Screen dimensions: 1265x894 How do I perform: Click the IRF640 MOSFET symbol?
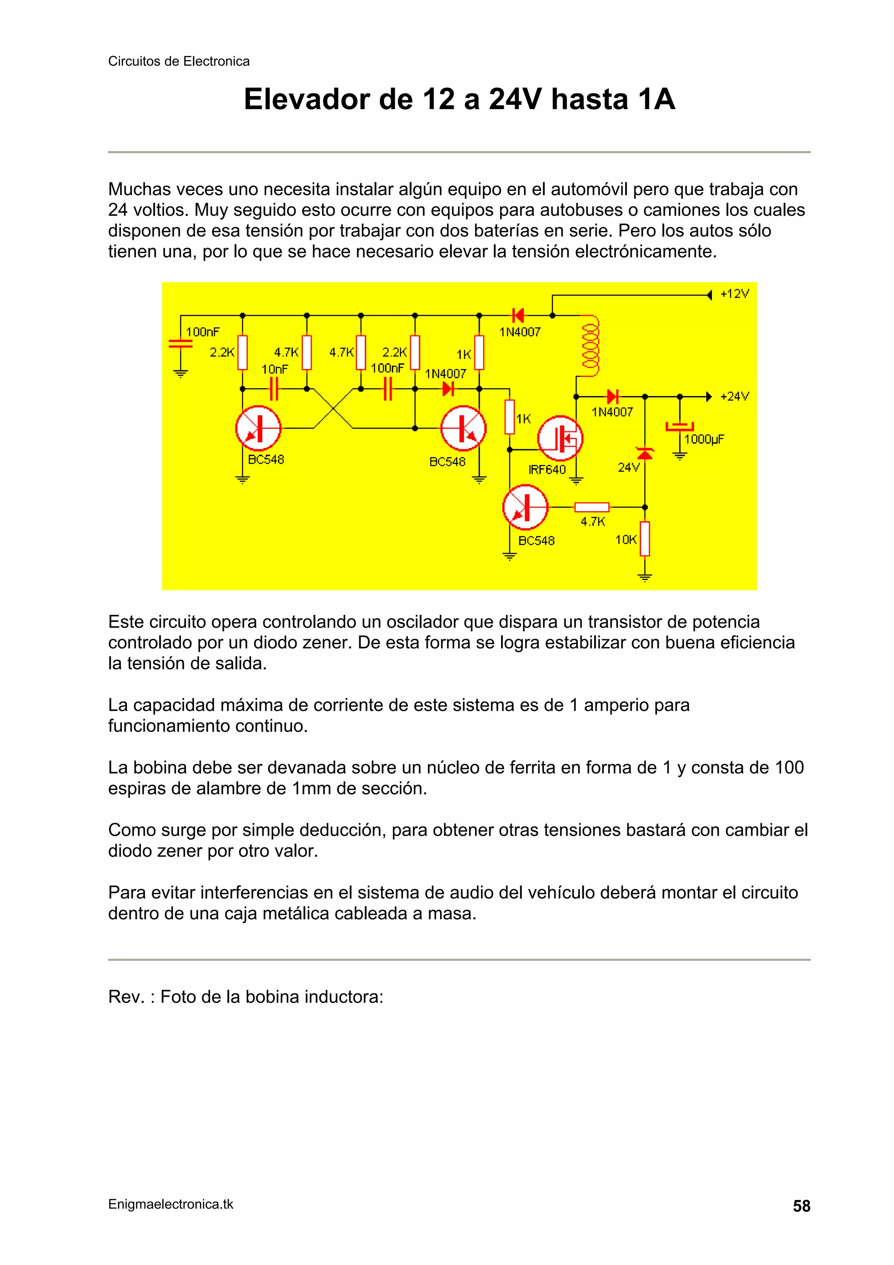pos(560,438)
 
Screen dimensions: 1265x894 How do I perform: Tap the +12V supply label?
pos(734,294)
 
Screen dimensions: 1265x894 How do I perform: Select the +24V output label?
pos(734,396)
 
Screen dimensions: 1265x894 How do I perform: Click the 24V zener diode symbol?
pos(644,453)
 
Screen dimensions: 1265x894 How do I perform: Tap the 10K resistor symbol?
pos(644,538)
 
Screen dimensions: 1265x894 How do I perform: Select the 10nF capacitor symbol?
pos(274,389)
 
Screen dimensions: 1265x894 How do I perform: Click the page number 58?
pos(801,1206)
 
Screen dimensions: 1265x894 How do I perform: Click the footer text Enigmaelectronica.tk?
pos(171,1204)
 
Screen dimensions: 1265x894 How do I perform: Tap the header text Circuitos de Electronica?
pos(179,61)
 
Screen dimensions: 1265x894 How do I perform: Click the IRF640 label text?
pos(547,469)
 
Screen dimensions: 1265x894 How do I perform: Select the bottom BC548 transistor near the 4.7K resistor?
pos(525,507)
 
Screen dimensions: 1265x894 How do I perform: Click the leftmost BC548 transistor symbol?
pos(258,428)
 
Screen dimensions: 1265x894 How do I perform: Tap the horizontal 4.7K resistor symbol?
pos(591,507)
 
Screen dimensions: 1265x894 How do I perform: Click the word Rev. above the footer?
pos(125,997)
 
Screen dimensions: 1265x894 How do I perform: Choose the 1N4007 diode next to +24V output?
pos(612,396)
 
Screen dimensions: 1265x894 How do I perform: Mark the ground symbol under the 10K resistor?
pos(644,577)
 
